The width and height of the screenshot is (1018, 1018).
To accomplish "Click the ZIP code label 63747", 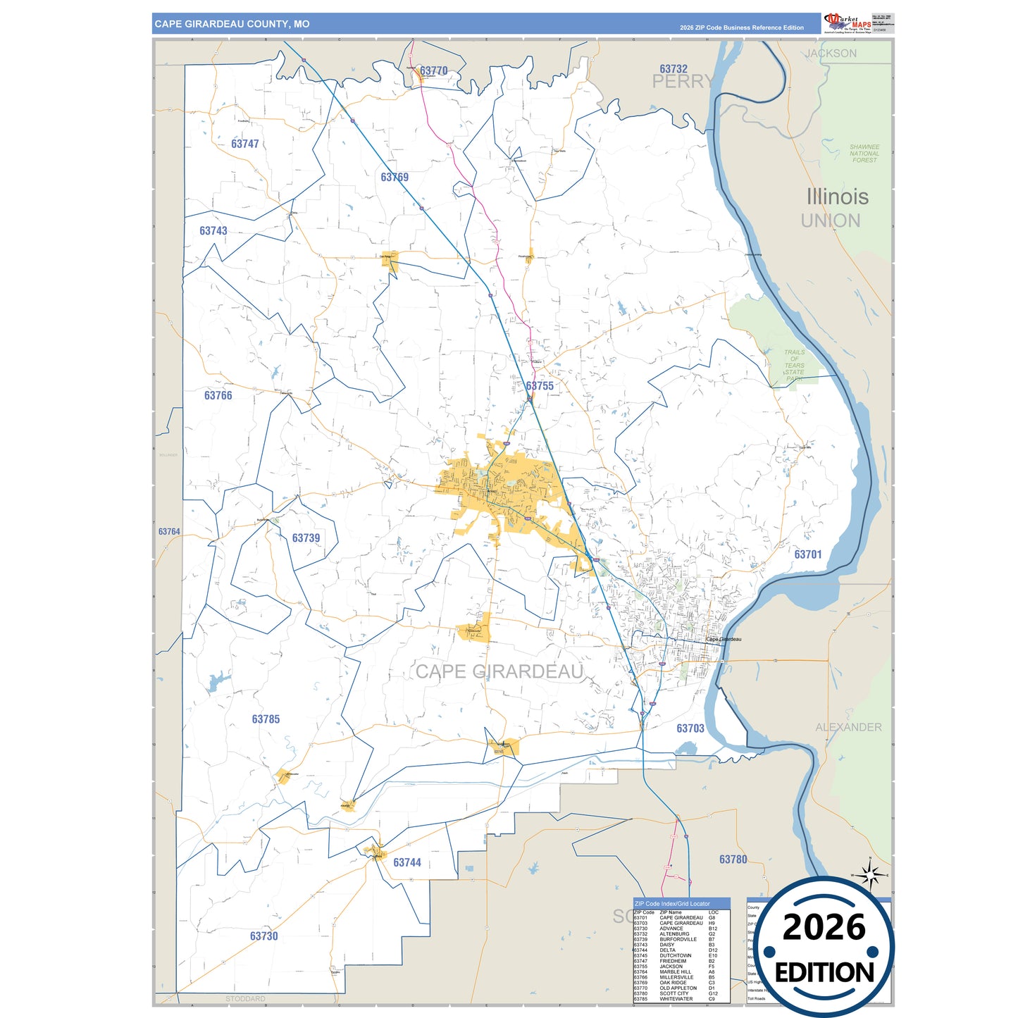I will (244, 144).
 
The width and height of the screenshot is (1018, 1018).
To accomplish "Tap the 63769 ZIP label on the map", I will (395, 178).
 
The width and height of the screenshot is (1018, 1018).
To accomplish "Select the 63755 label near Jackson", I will (540, 386).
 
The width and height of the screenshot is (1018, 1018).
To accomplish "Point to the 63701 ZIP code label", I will (808, 554).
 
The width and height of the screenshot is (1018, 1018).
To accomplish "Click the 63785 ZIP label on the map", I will (266, 719).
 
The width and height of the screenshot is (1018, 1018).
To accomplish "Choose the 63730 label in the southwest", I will (263, 936).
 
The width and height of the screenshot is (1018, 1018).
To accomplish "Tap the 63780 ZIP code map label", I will (733, 859).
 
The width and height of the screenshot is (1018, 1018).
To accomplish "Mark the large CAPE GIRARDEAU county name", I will (499, 671).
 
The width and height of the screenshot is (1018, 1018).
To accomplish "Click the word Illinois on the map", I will (837, 197).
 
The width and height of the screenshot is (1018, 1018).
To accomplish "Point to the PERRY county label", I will (682, 82).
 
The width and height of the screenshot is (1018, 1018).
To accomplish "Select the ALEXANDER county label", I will (848, 727).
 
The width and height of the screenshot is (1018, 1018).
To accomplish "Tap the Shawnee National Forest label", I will (864, 154).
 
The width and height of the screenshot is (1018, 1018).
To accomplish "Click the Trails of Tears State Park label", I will (794, 366).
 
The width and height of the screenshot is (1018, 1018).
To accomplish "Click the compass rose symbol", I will (871, 876).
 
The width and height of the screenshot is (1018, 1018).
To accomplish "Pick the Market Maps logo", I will (848, 23).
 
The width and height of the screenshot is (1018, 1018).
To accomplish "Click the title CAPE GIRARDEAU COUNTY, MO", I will (232, 24).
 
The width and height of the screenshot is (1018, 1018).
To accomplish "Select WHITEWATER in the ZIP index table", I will (676, 999).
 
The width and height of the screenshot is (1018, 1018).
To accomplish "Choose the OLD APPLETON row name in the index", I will (678, 988).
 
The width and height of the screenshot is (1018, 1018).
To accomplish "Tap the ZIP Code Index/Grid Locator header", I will (672, 903).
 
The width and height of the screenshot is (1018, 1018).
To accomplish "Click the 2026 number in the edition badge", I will (824, 927).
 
